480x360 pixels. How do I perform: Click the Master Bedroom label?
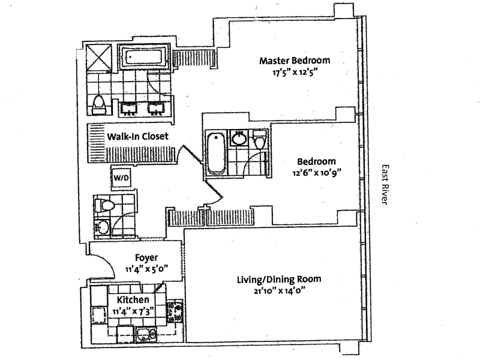tap(294, 61)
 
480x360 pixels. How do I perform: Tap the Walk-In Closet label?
tap(137, 137)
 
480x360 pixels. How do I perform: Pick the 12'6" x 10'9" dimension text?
tap(317, 173)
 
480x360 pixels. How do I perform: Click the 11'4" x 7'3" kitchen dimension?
tap(133, 310)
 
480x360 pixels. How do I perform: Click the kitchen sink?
tap(143, 335)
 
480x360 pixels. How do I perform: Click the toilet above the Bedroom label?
tap(260, 140)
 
